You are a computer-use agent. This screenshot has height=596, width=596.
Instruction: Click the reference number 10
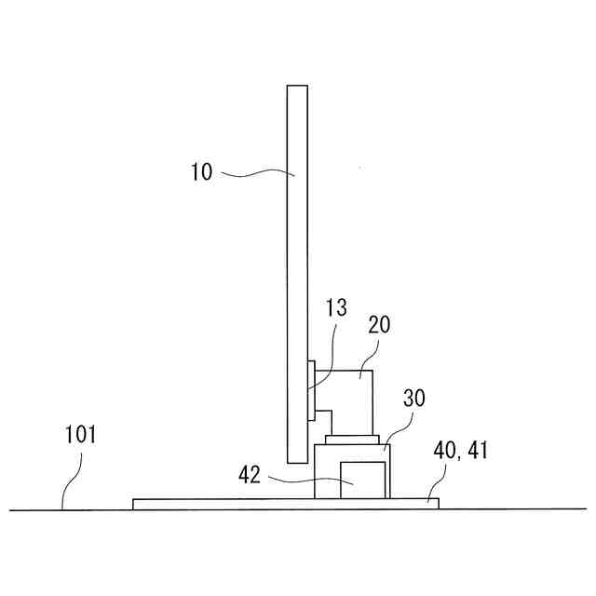pyautogui.click(x=201, y=171)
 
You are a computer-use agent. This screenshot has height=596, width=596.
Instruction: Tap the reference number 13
pyautogui.click(x=336, y=307)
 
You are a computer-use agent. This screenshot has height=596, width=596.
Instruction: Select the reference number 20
pyautogui.click(x=379, y=325)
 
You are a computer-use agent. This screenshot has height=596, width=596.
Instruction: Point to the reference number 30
pyautogui.click(x=413, y=398)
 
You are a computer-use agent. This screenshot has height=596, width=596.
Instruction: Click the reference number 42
pyautogui.click(x=250, y=475)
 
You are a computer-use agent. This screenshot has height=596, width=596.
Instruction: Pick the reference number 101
pyautogui.click(x=81, y=435)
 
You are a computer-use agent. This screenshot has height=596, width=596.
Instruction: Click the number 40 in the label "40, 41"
pyautogui.click(x=445, y=451)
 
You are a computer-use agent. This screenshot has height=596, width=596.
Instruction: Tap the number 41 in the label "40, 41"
pyautogui.click(x=478, y=451)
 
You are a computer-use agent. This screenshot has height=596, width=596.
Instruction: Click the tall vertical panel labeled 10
pyautogui.click(x=297, y=274)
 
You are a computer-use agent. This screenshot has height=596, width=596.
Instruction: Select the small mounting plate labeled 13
pyautogui.click(x=311, y=391)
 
